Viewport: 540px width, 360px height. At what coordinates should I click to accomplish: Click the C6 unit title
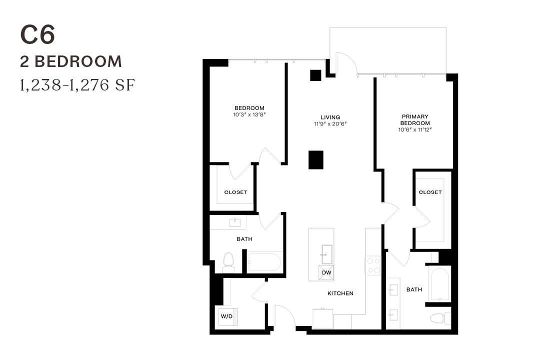tap(37, 35)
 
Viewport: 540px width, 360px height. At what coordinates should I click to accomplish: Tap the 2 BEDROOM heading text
tap(71, 61)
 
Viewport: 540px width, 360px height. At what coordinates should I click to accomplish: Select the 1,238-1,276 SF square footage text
tap(77, 85)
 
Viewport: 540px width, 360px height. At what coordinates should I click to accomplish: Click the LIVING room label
tap(330, 117)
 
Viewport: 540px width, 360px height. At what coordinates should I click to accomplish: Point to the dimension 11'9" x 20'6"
tap(330, 124)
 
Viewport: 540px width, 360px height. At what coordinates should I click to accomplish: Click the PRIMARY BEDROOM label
tap(414, 119)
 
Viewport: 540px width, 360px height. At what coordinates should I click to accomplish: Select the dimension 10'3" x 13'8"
tap(249, 114)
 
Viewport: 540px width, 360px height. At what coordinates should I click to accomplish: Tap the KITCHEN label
tap(340, 293)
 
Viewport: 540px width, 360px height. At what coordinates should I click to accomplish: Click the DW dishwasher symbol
tap(326, 272)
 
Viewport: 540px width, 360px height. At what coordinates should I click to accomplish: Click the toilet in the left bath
tap(228, 261)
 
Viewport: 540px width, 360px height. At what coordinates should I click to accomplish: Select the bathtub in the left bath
tap(264, 262)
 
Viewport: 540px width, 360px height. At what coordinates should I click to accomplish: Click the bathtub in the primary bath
tap(439, 283)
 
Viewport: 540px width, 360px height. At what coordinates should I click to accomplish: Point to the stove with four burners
tap(373, 265)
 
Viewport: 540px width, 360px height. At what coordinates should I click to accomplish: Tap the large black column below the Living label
tap(315, 160)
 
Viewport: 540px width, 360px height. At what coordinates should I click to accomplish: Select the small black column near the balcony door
tap(315, 75)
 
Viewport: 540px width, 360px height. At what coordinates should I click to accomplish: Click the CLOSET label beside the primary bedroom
tap(430, 192)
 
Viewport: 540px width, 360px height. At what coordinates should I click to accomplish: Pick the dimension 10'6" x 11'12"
tap(414, 129)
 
